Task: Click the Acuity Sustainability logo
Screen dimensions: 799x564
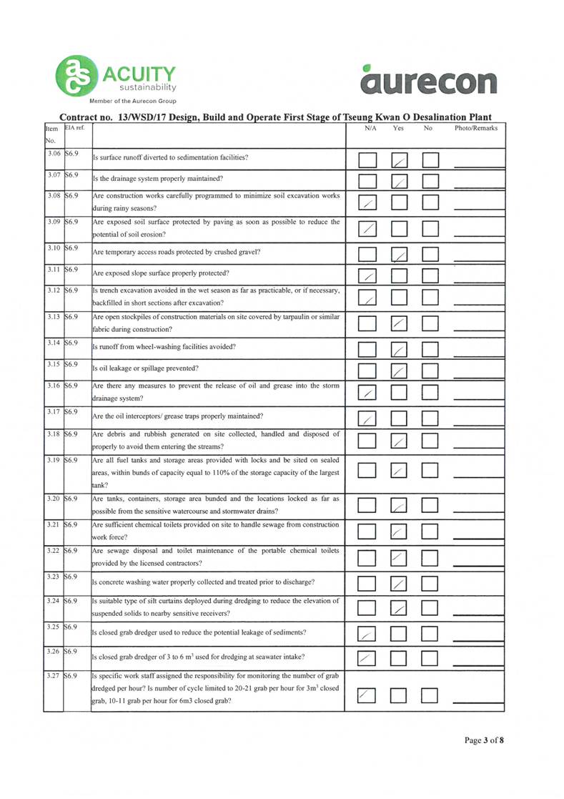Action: point(119,77)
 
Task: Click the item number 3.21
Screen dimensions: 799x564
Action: point(52,525)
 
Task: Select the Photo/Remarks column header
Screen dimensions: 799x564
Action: point(475,128)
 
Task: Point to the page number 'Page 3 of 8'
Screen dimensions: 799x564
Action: point(484,740)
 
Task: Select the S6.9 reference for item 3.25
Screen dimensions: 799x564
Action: point(72,627)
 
